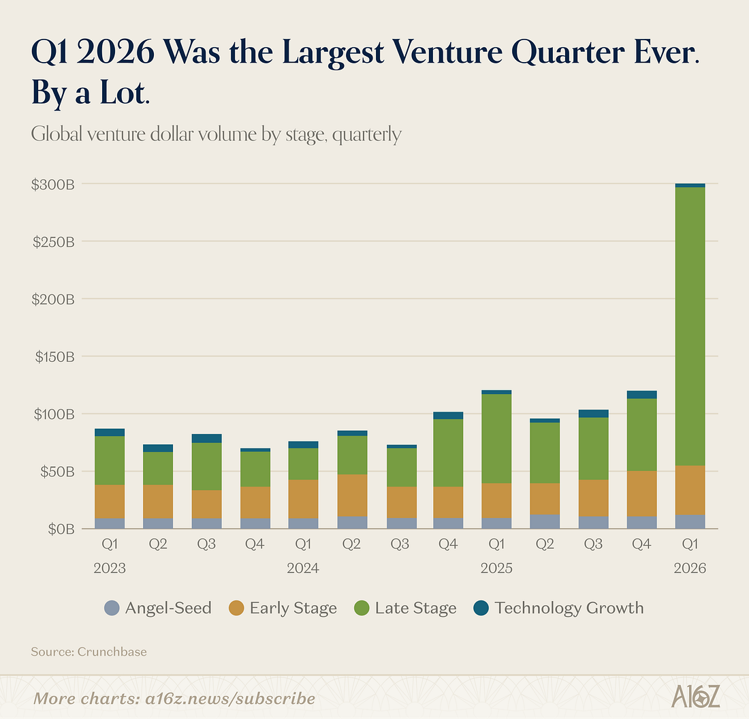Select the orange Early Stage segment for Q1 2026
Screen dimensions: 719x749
pos(690,490)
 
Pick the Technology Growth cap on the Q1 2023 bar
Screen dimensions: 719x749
pos(110,432)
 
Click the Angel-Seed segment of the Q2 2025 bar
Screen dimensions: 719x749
pos(545,521)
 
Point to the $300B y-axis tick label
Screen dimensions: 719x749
pos(52,185)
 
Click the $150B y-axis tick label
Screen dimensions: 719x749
pos(52,356)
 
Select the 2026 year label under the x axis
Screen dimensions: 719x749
pos(690,568)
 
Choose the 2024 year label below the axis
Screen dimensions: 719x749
pos(303,568)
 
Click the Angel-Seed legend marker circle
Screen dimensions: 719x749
pos(112,608)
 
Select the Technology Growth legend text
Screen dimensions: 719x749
pos(569,608)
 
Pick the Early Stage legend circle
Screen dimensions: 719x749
pos(237,608)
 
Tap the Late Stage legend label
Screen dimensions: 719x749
pos(415,608)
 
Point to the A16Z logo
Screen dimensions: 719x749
pos(695,697)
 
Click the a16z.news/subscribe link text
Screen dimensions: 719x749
pos(217,699)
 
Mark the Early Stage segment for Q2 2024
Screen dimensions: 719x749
pos(351,495)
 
